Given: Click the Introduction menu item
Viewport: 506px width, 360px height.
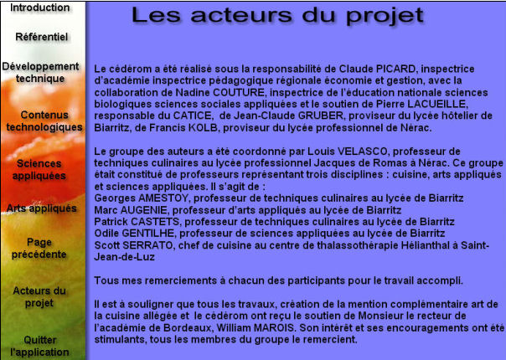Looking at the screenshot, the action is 40,8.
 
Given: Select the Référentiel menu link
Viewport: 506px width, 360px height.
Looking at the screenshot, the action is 42,37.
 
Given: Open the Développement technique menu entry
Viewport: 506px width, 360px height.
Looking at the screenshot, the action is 40,72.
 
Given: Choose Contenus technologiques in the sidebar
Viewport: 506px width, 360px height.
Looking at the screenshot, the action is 44,121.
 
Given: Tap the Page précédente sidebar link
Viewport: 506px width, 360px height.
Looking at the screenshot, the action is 39,249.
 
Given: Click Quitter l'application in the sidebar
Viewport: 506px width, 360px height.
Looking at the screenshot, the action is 39,346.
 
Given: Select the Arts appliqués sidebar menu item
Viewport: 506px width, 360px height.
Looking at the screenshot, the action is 42,208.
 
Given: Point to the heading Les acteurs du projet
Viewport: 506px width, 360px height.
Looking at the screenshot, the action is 277,15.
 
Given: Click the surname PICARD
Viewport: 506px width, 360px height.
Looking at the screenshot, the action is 395,69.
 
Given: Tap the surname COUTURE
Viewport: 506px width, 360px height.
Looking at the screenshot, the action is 239,92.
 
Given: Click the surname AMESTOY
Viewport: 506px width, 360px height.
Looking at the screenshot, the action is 163,198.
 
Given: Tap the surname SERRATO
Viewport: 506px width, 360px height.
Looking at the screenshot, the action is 147,245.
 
